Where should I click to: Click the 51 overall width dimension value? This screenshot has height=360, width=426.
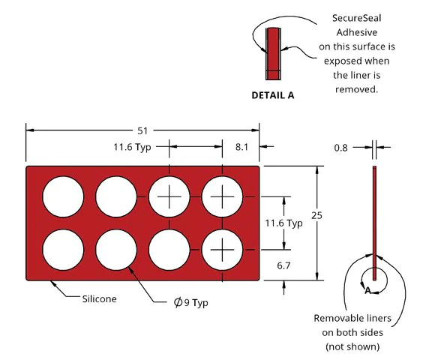[x=142, y=131]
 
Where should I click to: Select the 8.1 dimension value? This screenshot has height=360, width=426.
[x=241, y=147]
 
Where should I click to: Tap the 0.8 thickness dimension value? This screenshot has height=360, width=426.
[x=340, y=148]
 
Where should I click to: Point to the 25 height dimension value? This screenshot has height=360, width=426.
[x=316, y=215]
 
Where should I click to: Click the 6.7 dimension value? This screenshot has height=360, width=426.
[x=283, y=265]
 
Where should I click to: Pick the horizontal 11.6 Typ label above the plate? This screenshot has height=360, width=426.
[x=132, y=147]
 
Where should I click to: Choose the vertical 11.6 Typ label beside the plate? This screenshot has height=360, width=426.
[x=283, y=223]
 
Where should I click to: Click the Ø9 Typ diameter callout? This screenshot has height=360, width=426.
[x=190, y=302]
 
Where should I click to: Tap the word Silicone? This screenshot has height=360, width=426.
[x=100, y=298]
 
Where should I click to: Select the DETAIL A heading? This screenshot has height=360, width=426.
[x=273, y=95]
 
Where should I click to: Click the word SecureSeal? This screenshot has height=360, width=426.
[x=357, y=18]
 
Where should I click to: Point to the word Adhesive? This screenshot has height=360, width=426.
[x=357, y=32]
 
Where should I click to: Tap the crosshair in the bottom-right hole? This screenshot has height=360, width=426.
[x=222, y=250]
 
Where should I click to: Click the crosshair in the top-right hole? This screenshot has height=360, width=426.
[x=222, y=196]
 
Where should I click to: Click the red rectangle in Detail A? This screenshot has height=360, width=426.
[x=273, y=54]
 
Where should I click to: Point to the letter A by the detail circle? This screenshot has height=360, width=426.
[x=367, y=291]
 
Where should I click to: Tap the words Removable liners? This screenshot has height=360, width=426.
[x=352, y=318]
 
